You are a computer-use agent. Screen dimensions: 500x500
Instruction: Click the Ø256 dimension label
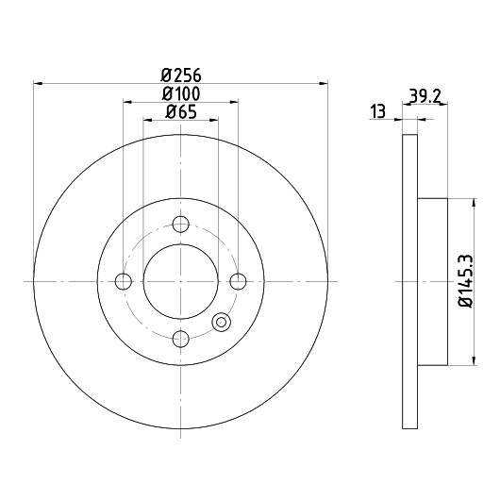tap(181, 75)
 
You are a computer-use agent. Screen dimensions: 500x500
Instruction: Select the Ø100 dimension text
tap(181, 94)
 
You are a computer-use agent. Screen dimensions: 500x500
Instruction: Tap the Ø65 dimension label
tap(181, 112)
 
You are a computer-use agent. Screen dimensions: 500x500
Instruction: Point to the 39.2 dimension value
tap(425, 95)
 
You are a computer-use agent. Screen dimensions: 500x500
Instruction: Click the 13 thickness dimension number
tap(378, 111)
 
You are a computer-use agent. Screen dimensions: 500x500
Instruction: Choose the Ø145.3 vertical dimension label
tap(466, 281)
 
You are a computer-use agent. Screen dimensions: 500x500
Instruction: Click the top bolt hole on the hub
tap(181, 224)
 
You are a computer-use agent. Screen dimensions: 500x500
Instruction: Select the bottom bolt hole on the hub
tap(181, 339)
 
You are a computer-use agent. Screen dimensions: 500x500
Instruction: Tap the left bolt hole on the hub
tap(123, 281)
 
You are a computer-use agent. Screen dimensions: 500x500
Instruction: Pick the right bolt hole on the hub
tap(238, 281)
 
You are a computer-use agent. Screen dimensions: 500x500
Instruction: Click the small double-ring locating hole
tap(222, 322)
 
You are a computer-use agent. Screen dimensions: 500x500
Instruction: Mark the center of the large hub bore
tap(181, 281)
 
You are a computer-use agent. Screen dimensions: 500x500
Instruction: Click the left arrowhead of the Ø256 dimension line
tap(38, 83)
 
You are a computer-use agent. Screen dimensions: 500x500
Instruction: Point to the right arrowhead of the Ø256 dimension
tap(324, 83)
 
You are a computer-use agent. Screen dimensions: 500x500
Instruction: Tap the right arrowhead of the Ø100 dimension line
tap(234, 102)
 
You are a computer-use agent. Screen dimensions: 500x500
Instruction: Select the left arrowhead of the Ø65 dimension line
tap(147, 120)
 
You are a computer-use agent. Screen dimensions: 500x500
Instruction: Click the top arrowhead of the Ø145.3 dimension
tap(475, 203)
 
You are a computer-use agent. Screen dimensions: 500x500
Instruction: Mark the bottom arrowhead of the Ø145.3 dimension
tap(475, 360)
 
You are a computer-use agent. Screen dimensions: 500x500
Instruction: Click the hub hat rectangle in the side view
tap(432, 281)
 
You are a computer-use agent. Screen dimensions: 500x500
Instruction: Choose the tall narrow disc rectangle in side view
tap(410, 281)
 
